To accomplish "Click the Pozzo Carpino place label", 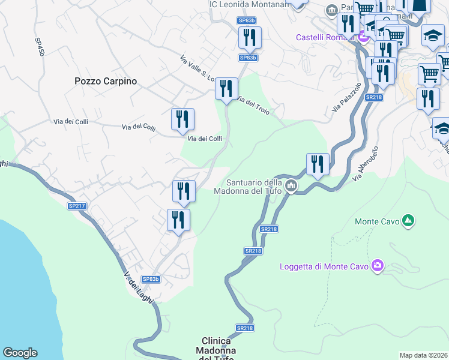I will [x=106, y=81].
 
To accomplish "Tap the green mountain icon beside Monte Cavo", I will [x=408, y=221].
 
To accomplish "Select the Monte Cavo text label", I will [x=377, y=221].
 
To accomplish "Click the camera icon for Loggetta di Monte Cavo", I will [x=378, y=265].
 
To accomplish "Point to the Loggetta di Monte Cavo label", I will [x=324, y=266].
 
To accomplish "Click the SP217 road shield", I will [x=77, y=206].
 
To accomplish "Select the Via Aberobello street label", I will [x=366, y=164].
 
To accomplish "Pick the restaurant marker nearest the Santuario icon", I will [x=318, y=164].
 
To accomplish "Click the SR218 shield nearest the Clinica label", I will [x=244, y=328].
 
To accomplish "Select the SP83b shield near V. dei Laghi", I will [x=150, y=279].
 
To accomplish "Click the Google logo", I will [x=20, y=353].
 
